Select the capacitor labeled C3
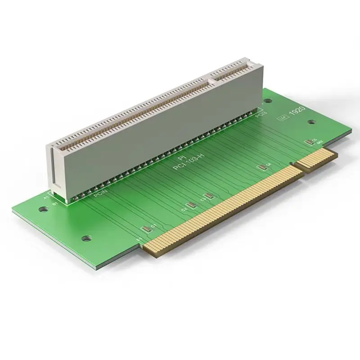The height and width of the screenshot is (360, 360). (x=209, y=196)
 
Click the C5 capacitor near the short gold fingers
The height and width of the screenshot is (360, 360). (x=308, y=142)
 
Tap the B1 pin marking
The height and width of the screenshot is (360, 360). (x=55, y=204)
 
